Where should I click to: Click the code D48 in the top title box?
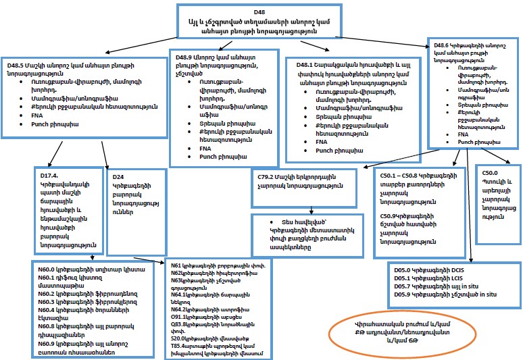click(259, 13)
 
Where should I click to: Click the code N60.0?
click(48, 269)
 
